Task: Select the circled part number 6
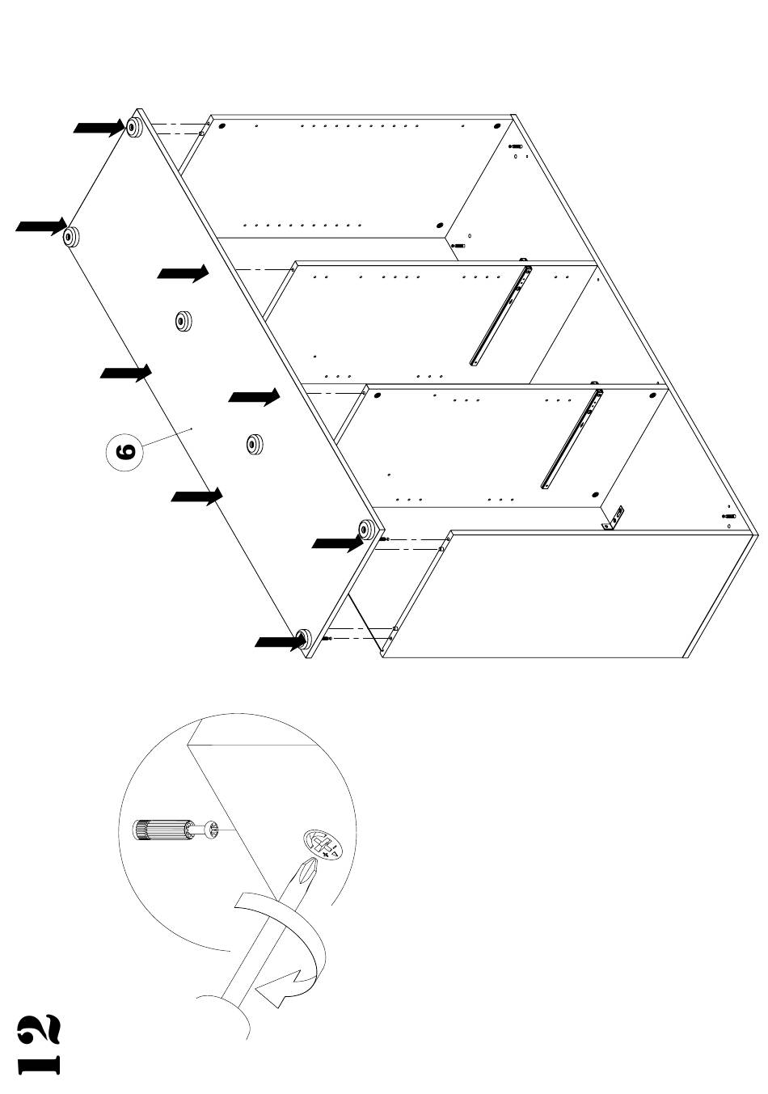[x=125, y=450]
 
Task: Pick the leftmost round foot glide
[x=71, y=236]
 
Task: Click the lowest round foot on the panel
[x=305, y=639]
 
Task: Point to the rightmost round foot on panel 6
[x=365, y=530]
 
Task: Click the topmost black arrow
[x=99, y=128]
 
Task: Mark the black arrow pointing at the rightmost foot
[x=337, y=544]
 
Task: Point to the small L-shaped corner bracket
[x=615, y=518]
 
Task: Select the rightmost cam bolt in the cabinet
[x=728, y=516]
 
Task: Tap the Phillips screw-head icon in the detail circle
[x=323, y=845]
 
